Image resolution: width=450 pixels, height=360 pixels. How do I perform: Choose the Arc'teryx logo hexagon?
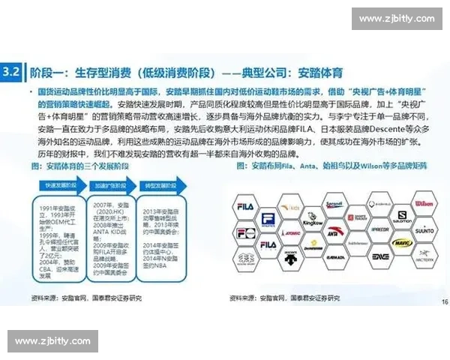pos(423,259)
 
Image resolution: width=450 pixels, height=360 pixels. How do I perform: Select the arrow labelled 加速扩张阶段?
pos(108,183)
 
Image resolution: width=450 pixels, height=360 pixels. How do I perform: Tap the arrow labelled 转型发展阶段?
pos(159,183)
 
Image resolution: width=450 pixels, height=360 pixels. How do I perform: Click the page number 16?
pos(442,302)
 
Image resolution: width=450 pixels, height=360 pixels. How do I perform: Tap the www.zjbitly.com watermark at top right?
pos(397,19)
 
